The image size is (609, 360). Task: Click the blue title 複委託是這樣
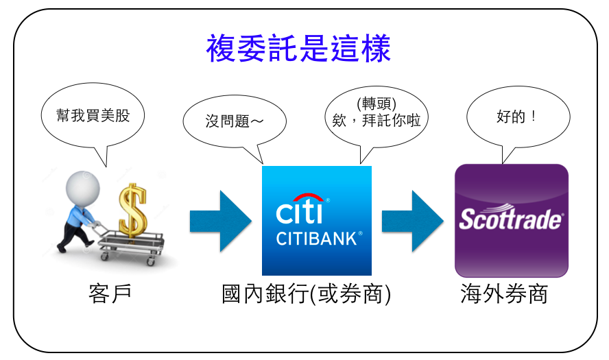click(298, 48)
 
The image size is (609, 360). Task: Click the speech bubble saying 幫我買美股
click(93, 117)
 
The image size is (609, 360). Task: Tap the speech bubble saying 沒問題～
click(235, 122)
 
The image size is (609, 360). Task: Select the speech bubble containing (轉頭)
click(377, 117)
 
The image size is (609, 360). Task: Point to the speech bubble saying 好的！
click(518, 117)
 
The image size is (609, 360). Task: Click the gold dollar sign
click(133, 211)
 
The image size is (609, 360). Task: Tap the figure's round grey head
click(83, 188)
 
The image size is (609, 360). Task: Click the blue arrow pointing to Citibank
click(221, 221)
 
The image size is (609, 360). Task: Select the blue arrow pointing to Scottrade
click(412, 221)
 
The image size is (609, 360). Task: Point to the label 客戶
click(110, 293)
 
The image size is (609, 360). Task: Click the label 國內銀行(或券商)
click(306, 294)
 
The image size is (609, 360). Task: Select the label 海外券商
click(504, 293)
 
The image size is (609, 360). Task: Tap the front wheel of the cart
click(104, 256)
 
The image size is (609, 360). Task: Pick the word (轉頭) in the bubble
click(377, 104)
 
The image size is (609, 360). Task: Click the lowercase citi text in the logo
click(299, 212)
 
